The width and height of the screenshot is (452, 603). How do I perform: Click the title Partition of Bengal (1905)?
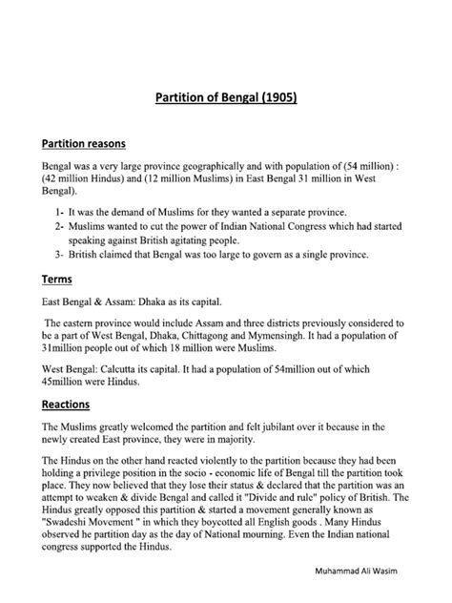pos(226,96)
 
